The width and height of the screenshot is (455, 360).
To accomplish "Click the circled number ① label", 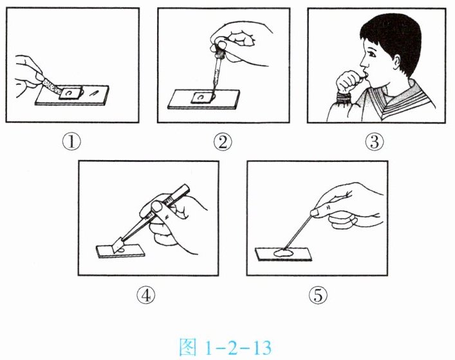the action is pyautogui.click(x=71, y=142).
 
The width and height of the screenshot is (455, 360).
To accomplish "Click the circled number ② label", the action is pyautogui.click(x=223, y=142).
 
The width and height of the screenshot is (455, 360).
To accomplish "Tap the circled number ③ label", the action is pyautogui.click(x=375, y=142).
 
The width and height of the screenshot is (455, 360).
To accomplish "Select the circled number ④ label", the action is pyautogui.click(x=146, y=295).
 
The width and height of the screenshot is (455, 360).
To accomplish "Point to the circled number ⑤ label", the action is pyautogui.click(x=318, y=295).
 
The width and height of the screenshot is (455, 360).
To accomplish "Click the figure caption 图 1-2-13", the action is pyautogui.click(x=225, y=347).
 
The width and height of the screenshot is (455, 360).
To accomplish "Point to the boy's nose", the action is pyautogui.click(x=364, y=62).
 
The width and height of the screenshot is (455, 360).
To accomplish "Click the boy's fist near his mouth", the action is pyautogui.click(x=348, y=82).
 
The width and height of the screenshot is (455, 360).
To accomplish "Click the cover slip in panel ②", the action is pyautogui.click(x=201, y=98).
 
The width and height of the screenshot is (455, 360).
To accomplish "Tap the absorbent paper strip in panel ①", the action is pyautogui.click(x=52, y=86).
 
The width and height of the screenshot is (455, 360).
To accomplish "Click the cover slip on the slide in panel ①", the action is pyautogui.click(x=70, y=93).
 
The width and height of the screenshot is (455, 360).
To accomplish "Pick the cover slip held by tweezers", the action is pyautogui.click(x=118, y=245).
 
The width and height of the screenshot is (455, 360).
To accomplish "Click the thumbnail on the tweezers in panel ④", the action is pyautogui.click(x=157, y=207).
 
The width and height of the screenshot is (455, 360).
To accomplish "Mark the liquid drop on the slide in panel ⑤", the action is pyautogui.click(x=283, y=253).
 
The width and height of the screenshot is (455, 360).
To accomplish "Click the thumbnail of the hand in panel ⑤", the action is pyautogui.click(x=316, y=213).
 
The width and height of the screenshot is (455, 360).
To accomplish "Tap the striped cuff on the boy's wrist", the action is pyautogui.click(x=344, y=98).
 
